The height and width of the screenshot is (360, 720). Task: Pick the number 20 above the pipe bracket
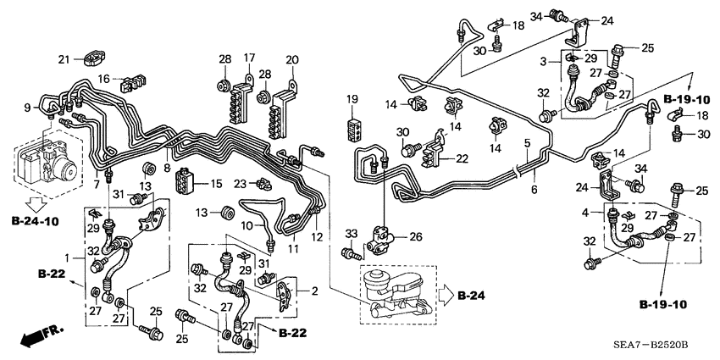tap(292, 59)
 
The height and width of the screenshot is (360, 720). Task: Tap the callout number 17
tap(250, 58)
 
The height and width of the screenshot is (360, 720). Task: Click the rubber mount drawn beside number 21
tap(91, 59)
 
